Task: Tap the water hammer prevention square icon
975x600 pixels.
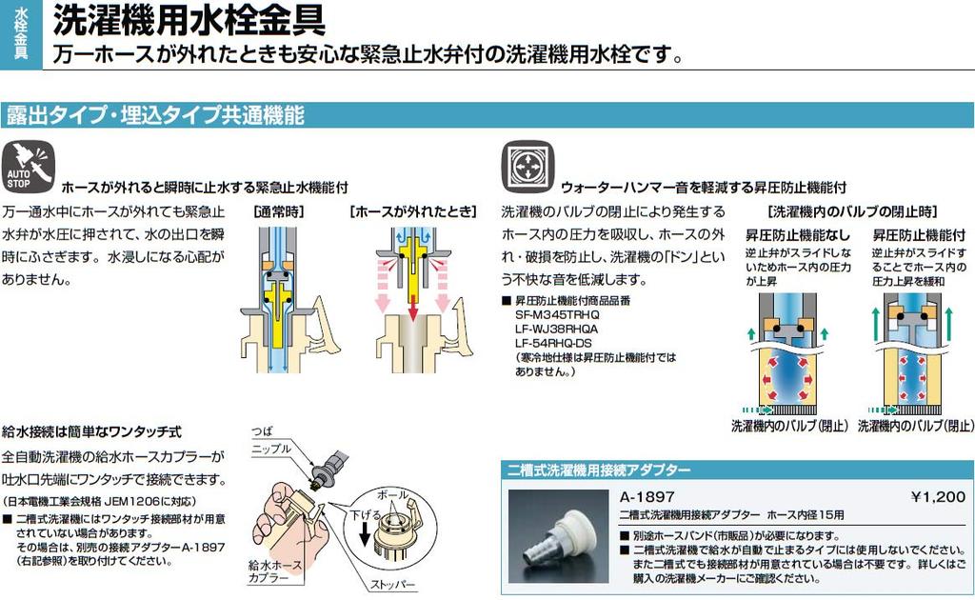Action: click(527, 167)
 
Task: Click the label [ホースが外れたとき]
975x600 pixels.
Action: click(410, 211)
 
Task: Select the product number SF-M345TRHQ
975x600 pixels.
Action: click(557, 313)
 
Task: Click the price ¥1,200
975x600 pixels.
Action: click(938, 496)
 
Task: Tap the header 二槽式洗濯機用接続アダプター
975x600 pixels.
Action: click(600, 470)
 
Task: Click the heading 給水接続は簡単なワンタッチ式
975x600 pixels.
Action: click(91, 431)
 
